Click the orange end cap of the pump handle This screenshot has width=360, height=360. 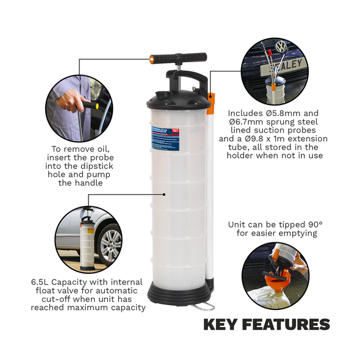152,59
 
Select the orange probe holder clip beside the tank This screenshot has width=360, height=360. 211,103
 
